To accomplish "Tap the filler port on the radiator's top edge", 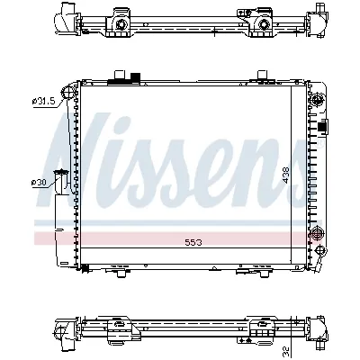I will click(118, 80).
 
